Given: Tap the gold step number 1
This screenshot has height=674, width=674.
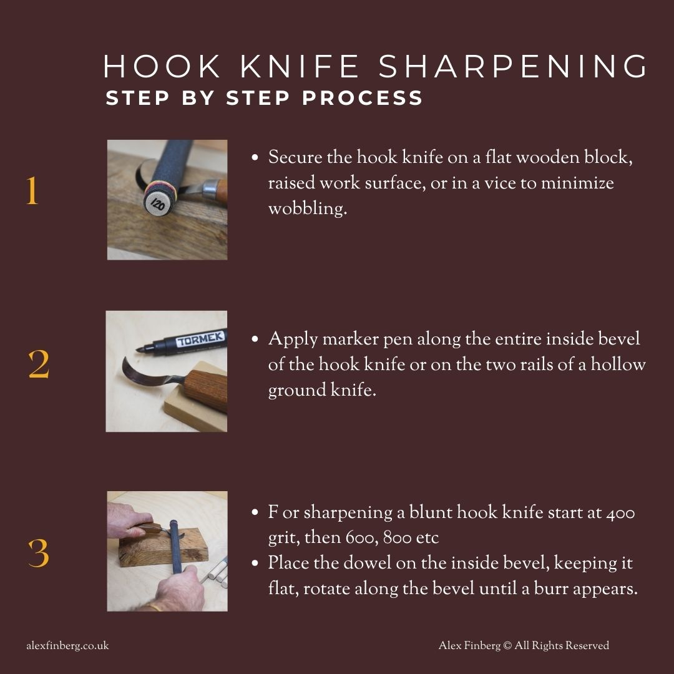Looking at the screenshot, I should (32, 192).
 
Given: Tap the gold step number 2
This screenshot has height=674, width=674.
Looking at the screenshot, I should (39, 366).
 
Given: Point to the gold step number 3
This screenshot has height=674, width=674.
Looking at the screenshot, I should (39, 553).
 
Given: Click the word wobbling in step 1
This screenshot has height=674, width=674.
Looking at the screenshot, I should (307, 209).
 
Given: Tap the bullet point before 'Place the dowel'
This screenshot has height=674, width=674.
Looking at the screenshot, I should (255, 564).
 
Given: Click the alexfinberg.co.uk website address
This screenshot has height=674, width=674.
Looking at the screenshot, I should (67, 646).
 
